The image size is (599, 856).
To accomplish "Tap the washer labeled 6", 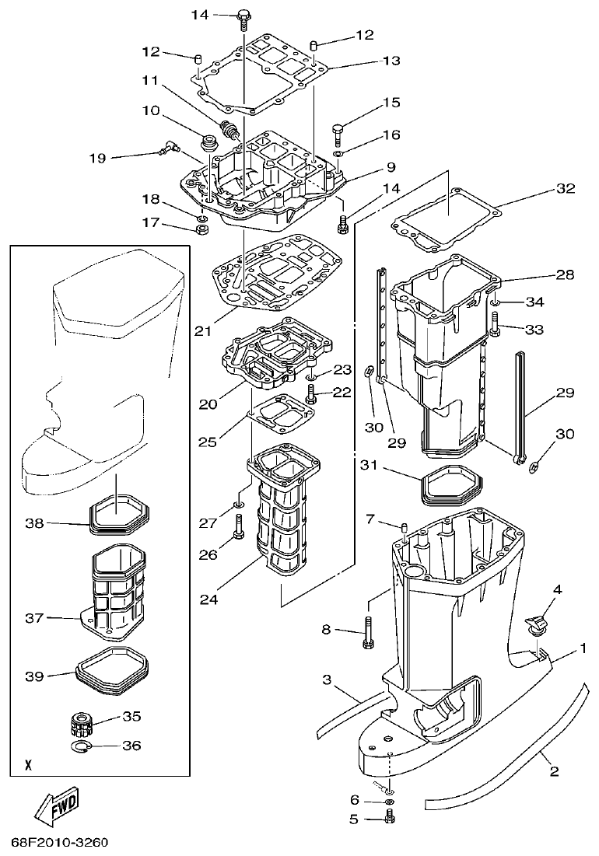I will click(389, 801).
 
